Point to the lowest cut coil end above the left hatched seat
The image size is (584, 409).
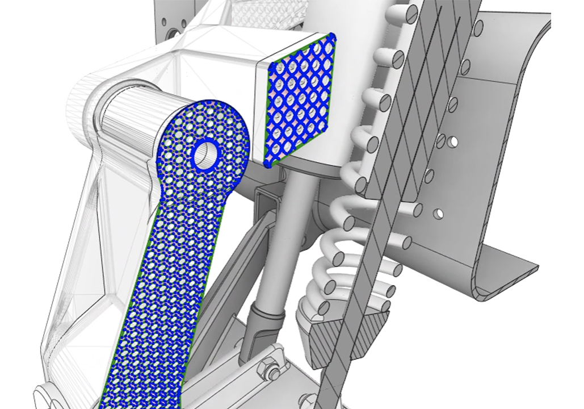[x=324, y=308]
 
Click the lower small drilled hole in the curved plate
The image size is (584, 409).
[x=438, y=214]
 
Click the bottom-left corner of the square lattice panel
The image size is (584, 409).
[x=268, y=165]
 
